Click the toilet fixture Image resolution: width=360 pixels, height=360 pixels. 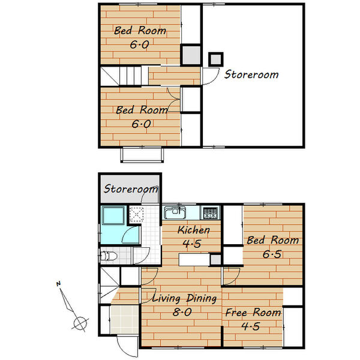coord(109,256)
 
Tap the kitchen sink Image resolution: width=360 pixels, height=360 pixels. coord(175,212)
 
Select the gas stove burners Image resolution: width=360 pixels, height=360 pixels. coord(211,212)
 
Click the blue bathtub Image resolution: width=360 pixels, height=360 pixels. coord(113,215)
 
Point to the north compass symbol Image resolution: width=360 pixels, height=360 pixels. coord(73,308)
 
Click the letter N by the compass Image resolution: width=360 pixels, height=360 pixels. coord(59,284)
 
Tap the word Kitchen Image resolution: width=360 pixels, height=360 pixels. coord(194,230)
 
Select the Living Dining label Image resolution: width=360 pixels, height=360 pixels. coord(184,298)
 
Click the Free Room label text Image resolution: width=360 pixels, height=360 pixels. coord(253,313)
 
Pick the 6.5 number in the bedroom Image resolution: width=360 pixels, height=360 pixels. coord(272,254)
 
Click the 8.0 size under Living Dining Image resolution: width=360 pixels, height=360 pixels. coord(182,312)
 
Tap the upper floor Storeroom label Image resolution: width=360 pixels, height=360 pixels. coord(251,74)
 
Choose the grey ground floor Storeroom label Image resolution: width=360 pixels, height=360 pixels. coord(130,189)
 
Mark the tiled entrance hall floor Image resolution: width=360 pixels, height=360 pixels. coord(125,319)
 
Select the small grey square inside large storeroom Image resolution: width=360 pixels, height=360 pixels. coord(216,59)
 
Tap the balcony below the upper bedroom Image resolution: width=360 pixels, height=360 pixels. coord(142,155)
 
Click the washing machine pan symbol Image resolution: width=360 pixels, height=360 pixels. coord(136,214)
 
